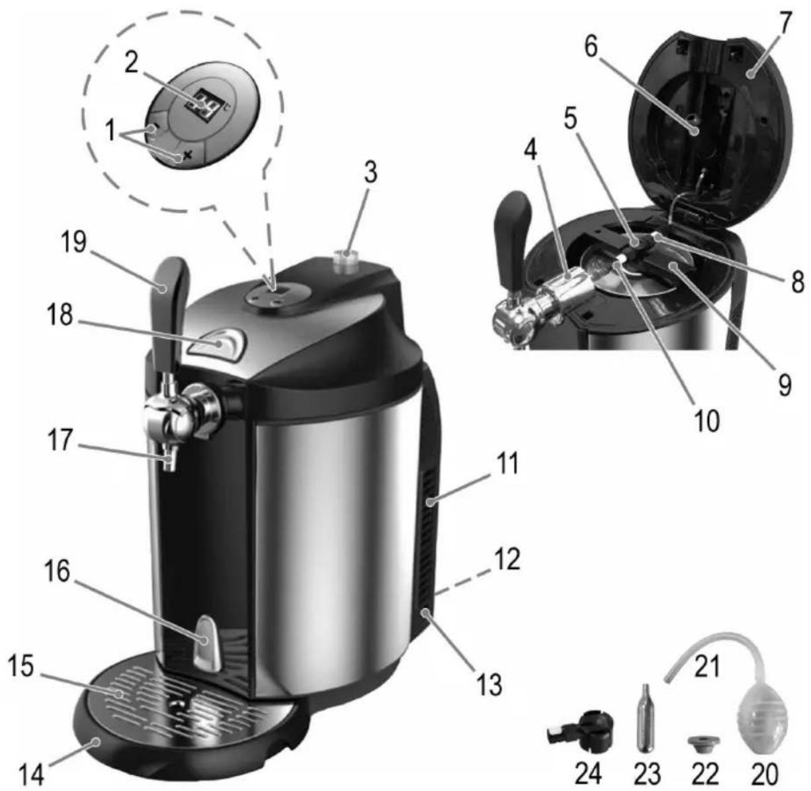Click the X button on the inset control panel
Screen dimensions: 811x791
(188, 156)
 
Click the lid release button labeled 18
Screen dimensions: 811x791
(217, 343)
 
